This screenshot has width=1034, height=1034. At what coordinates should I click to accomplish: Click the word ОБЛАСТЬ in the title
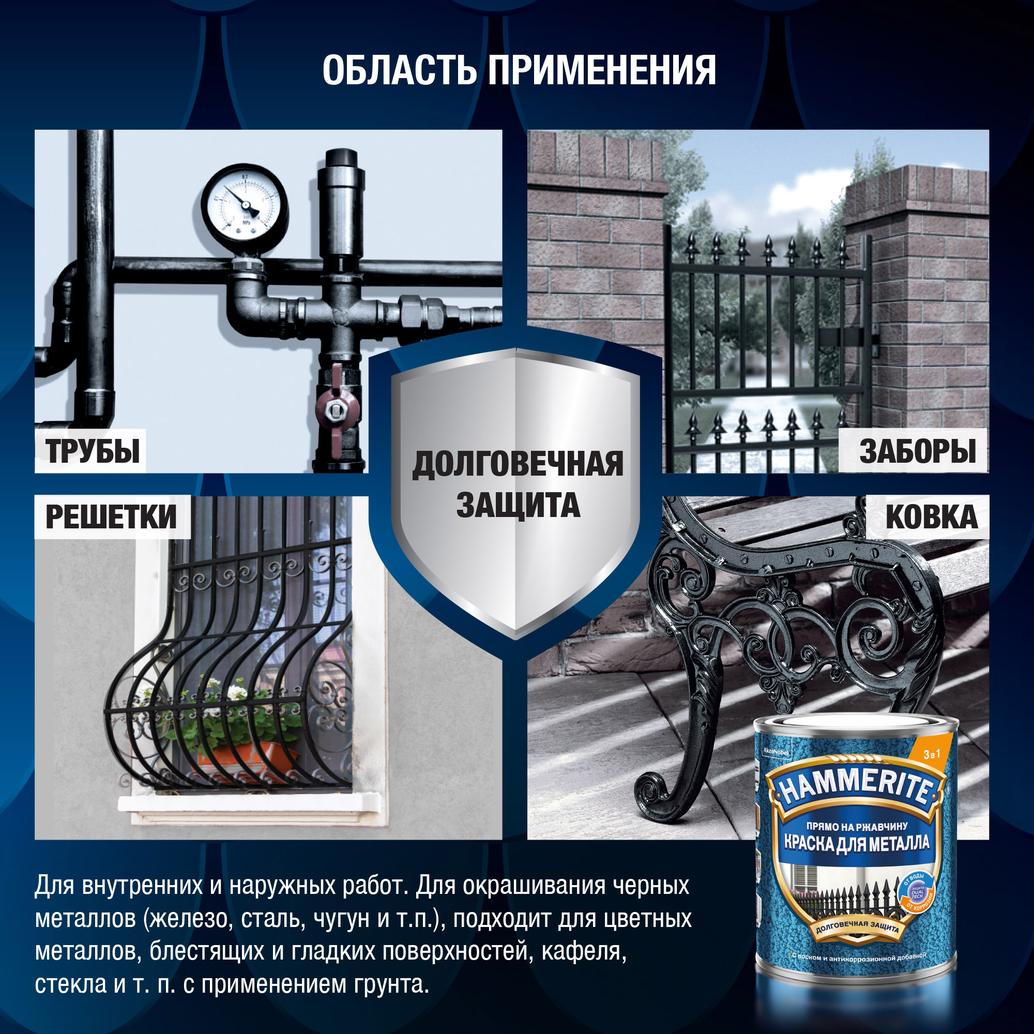click(x=399, y=71)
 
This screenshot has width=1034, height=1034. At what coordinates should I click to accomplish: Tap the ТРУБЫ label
click(x=92, y=451)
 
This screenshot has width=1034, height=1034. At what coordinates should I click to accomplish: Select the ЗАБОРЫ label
click(x=917, y=451)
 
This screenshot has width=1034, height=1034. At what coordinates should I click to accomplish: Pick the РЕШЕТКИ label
click(x=111, y=517)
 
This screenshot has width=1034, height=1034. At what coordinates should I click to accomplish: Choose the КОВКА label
click(x=931, y=517)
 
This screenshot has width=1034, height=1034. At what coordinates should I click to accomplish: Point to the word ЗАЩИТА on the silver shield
click(x=518, y=506)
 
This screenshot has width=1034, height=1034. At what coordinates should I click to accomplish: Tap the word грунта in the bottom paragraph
click(x=391, y=984)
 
